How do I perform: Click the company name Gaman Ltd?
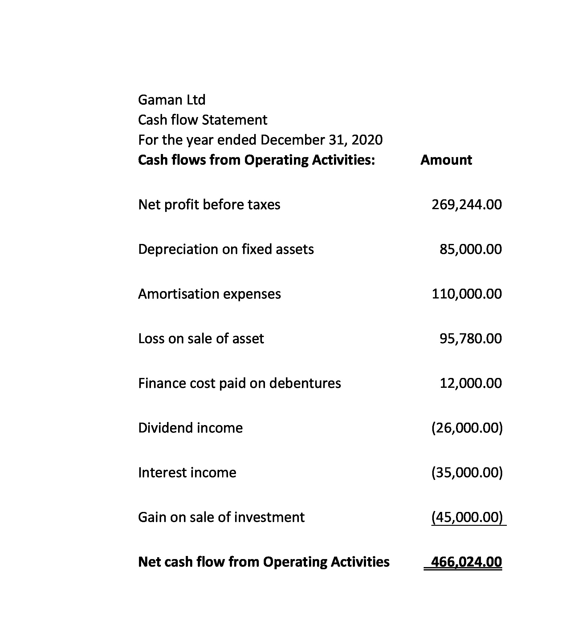tap(172, 100)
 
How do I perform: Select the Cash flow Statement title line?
tap(202, 120)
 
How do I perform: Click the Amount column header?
tap(446, 160)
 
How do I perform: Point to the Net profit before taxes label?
tap(209, 205)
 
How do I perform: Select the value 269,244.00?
tap(466, 205)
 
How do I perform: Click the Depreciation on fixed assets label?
tap(226, 249)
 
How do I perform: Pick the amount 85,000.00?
tap(470, 249)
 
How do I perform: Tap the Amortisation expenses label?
tap(210, 294)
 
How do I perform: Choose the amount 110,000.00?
tap(466, 294)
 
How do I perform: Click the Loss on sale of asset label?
tap(201, 339)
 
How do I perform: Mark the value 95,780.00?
tap(470, 339)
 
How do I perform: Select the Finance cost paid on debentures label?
tap(239, 383)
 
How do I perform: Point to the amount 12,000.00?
tap(470, 383)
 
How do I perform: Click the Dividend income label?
tap(190, 428)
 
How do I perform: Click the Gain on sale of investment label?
tap(221, 517)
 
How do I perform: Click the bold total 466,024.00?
tap(466, 562)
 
